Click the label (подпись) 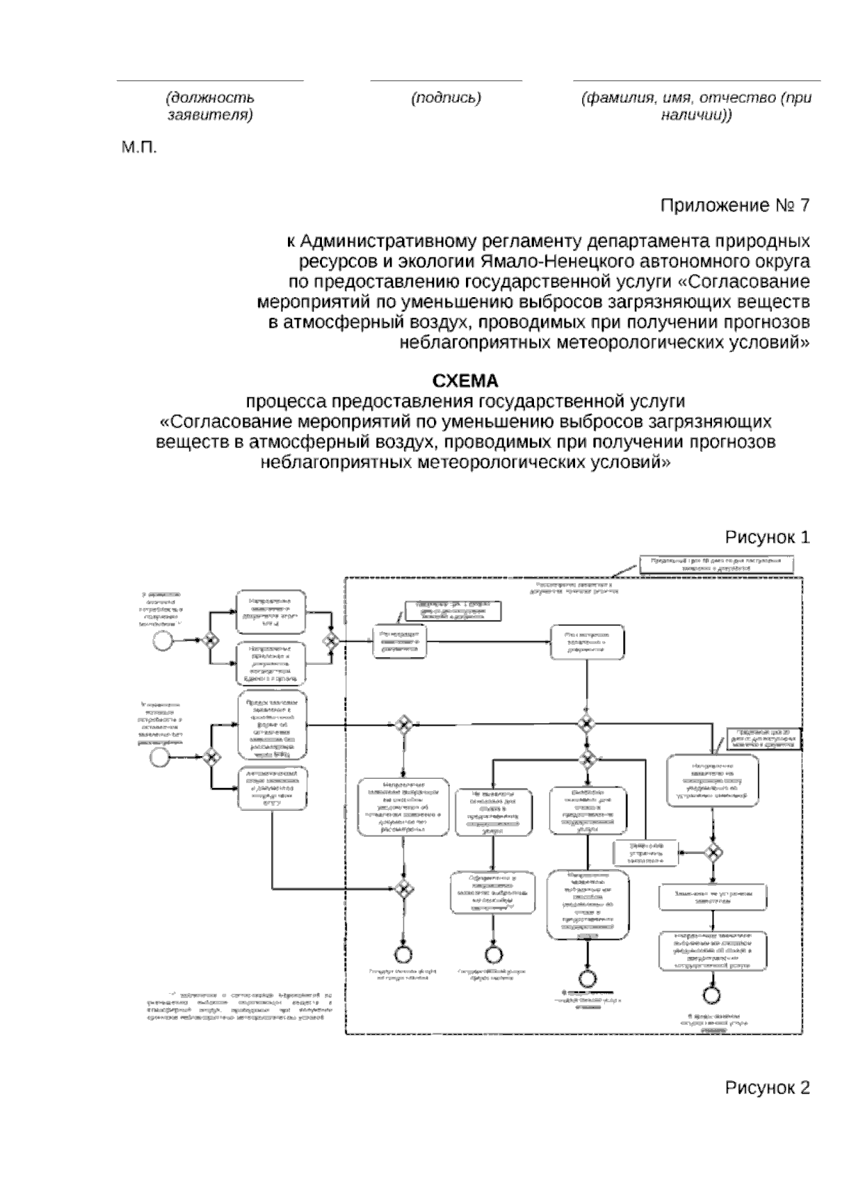pos(446,99)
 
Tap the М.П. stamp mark pos(138,148)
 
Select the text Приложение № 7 pos(735,206)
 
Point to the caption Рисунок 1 pos(767,537)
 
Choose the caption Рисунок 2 pos(767,1088)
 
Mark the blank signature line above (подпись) pos(446,81)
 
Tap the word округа pos(779,261)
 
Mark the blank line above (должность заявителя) pos(210,81)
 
